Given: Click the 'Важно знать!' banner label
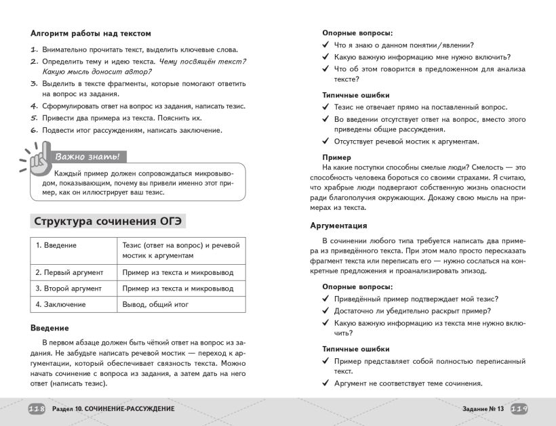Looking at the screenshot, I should tap(87, 157).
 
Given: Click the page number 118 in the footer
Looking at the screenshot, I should tap(36, 409).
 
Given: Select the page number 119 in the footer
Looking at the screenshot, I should tap(519, 409).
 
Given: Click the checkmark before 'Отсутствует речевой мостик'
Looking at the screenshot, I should tap(325, 142).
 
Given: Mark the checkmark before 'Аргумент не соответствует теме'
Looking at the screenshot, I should tap(325, 384).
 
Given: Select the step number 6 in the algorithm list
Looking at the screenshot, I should tap(33, 131).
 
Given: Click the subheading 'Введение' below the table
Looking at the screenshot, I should tap(49, 328).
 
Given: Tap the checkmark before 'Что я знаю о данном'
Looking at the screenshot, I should tap(325, 45).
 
